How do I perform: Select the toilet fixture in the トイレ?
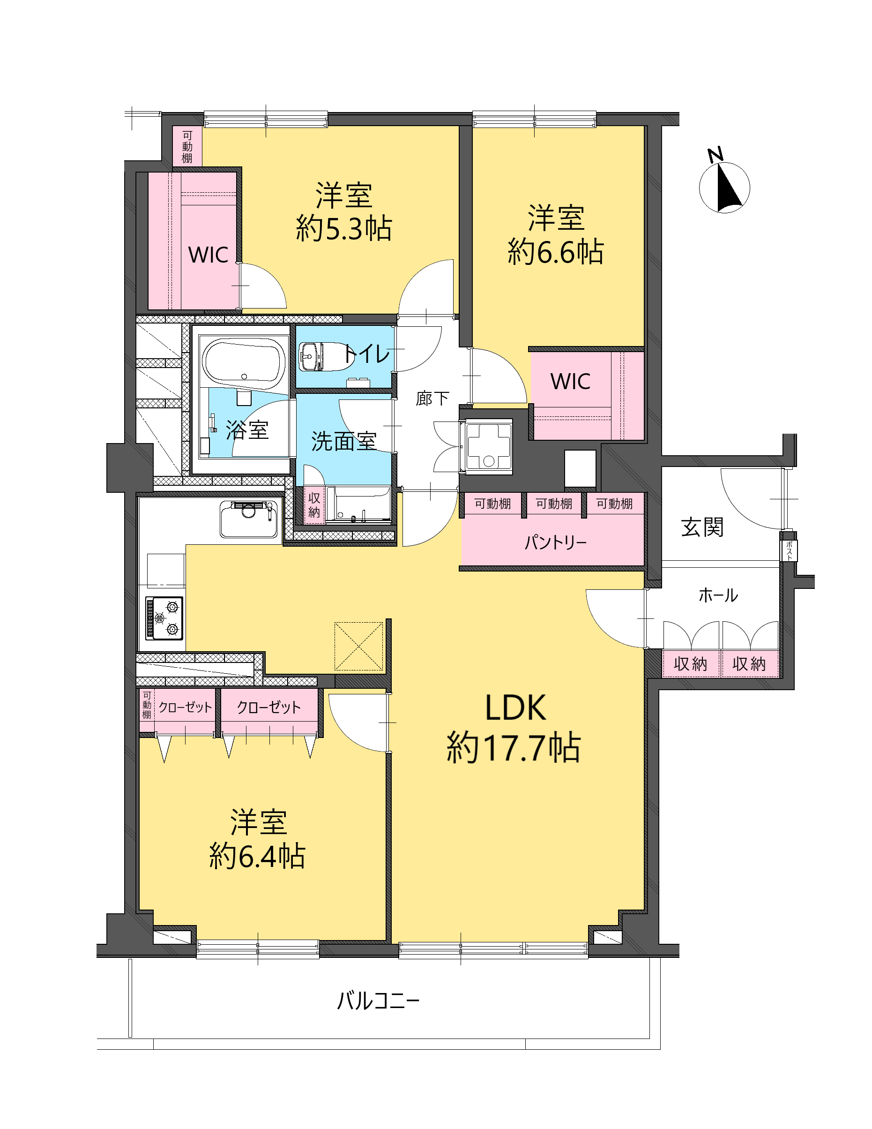(x=326, y=356)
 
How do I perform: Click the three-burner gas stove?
(x=165, y=618)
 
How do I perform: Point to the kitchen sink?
(x=248, y=519)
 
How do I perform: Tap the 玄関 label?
(x=702, y=527)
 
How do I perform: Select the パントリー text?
(x=555, y=542)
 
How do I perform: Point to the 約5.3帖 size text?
(x=344, y=228)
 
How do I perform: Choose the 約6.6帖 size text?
(x=556, y=252)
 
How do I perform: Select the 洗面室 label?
(x=343, y=441)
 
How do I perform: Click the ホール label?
(x=718, y=595)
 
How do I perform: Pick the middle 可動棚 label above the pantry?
(x=554, y=503)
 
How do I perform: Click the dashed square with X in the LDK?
(x=359, y=646)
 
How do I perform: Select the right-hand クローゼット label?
(x=268, y=707)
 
